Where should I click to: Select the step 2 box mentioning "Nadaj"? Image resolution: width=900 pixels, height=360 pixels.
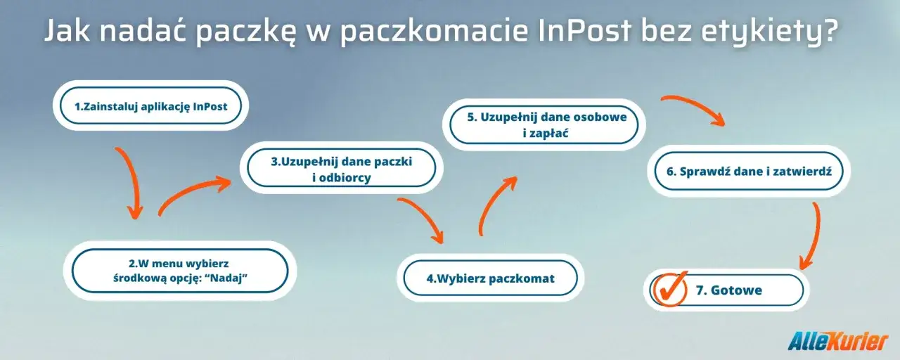tap(180, 270)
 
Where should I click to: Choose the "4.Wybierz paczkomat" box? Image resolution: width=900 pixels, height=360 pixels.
tap(490, 278)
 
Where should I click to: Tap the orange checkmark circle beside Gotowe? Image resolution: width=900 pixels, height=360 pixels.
tap(669, 289)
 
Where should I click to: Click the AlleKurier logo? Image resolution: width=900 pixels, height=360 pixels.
tap(838, 341)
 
